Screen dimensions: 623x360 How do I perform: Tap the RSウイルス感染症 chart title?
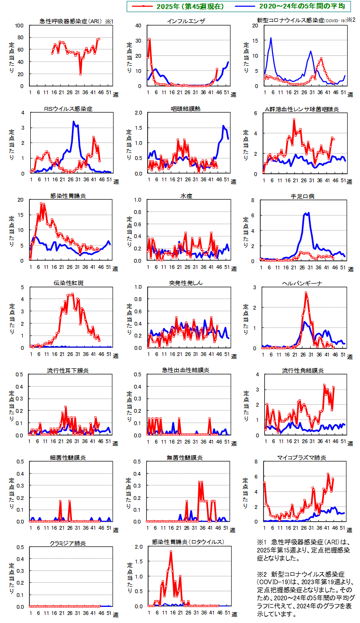click(68, 109)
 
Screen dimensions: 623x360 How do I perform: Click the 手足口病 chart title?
click(302, 196)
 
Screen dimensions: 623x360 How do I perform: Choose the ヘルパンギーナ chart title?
click(302, 283)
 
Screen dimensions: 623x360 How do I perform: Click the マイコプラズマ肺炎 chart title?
click(302, 458)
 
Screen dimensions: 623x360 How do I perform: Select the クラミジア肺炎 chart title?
click(68, 543)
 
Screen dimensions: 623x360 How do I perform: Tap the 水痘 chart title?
click(185, 196)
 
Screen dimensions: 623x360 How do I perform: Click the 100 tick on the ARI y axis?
click(20, 26)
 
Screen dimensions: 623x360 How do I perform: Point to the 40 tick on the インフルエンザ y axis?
click(138, 26)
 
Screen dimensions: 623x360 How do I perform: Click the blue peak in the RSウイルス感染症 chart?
click(74, 122)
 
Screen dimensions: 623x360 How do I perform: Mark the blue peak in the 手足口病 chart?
click(308, 213)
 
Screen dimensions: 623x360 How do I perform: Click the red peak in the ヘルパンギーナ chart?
click(306, 293)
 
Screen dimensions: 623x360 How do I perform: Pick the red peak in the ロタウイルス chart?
click(171, 552)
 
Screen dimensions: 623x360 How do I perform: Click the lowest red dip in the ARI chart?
click(80, 74)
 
